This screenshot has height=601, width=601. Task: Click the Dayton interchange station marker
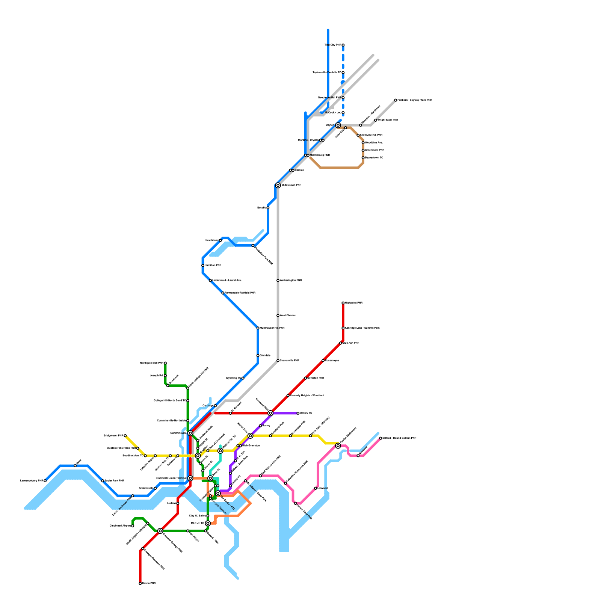(338, 125)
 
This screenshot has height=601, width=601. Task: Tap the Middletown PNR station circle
(278, 185)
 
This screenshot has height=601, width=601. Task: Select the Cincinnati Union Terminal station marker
(190, 478)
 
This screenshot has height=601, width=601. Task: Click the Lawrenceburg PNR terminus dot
(45, 481)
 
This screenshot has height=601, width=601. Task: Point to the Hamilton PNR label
(213, 266)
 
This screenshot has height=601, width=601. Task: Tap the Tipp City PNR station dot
(343, 45)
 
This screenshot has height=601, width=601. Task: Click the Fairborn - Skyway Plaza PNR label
(415, 100)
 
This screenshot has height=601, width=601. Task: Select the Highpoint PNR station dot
(343, 303)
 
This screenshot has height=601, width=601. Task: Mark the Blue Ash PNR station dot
(341, 343)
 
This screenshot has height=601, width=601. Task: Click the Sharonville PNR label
(290, 361)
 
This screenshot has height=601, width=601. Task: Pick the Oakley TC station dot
(298, 413)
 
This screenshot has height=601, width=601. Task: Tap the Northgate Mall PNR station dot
(165, 363)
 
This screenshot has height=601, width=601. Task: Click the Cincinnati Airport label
(120, 526)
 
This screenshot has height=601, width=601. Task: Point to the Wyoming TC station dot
(243, 378)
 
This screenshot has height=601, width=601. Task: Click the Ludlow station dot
(178, 503)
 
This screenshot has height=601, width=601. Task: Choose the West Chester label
(288, 316)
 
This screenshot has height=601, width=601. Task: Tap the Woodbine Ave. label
(374, 143)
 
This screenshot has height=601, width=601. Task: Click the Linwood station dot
(316, 488)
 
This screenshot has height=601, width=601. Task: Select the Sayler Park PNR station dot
(103, 481)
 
